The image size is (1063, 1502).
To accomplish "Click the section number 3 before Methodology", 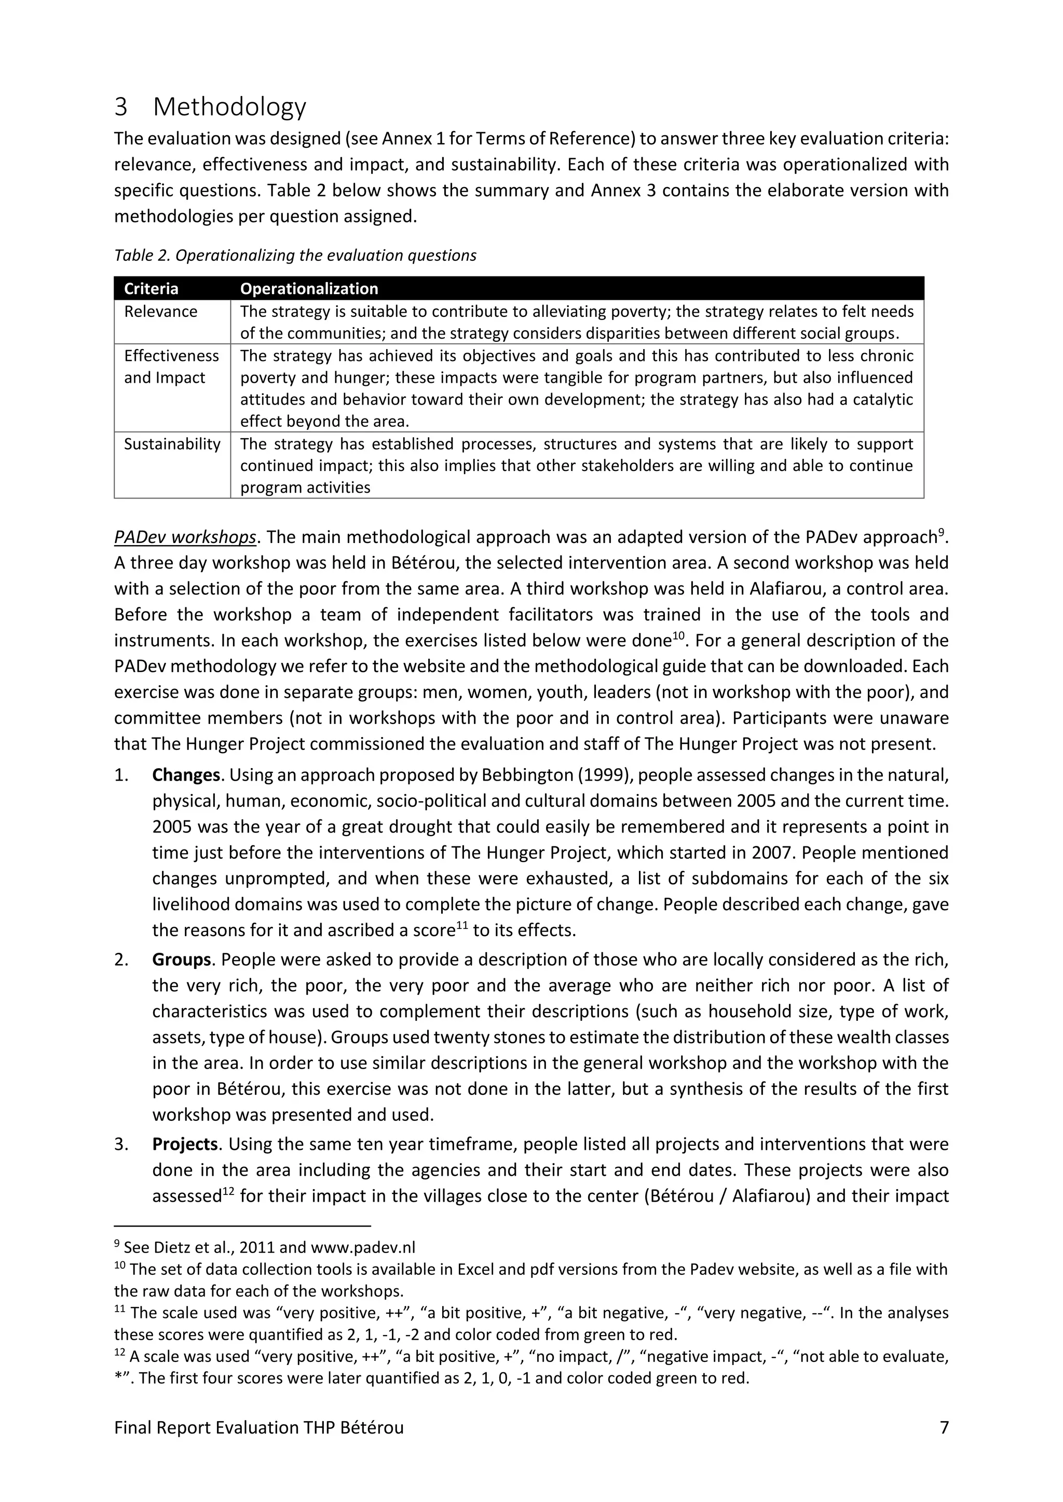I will [x=120, y=107].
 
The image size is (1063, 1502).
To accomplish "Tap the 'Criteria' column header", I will [x=151, y=288].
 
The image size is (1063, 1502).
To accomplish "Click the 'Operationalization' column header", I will [x=309, y=288].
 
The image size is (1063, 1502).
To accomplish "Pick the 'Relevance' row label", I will [x=160, y=311].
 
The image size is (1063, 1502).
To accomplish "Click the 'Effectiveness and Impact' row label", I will [x=171, y=366].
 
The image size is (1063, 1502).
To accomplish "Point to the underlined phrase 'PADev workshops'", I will [x=185, y=537].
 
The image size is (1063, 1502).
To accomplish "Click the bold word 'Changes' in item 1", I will [x=186, y=775].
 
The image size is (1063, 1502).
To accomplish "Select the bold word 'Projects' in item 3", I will [x=185, y=1144].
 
